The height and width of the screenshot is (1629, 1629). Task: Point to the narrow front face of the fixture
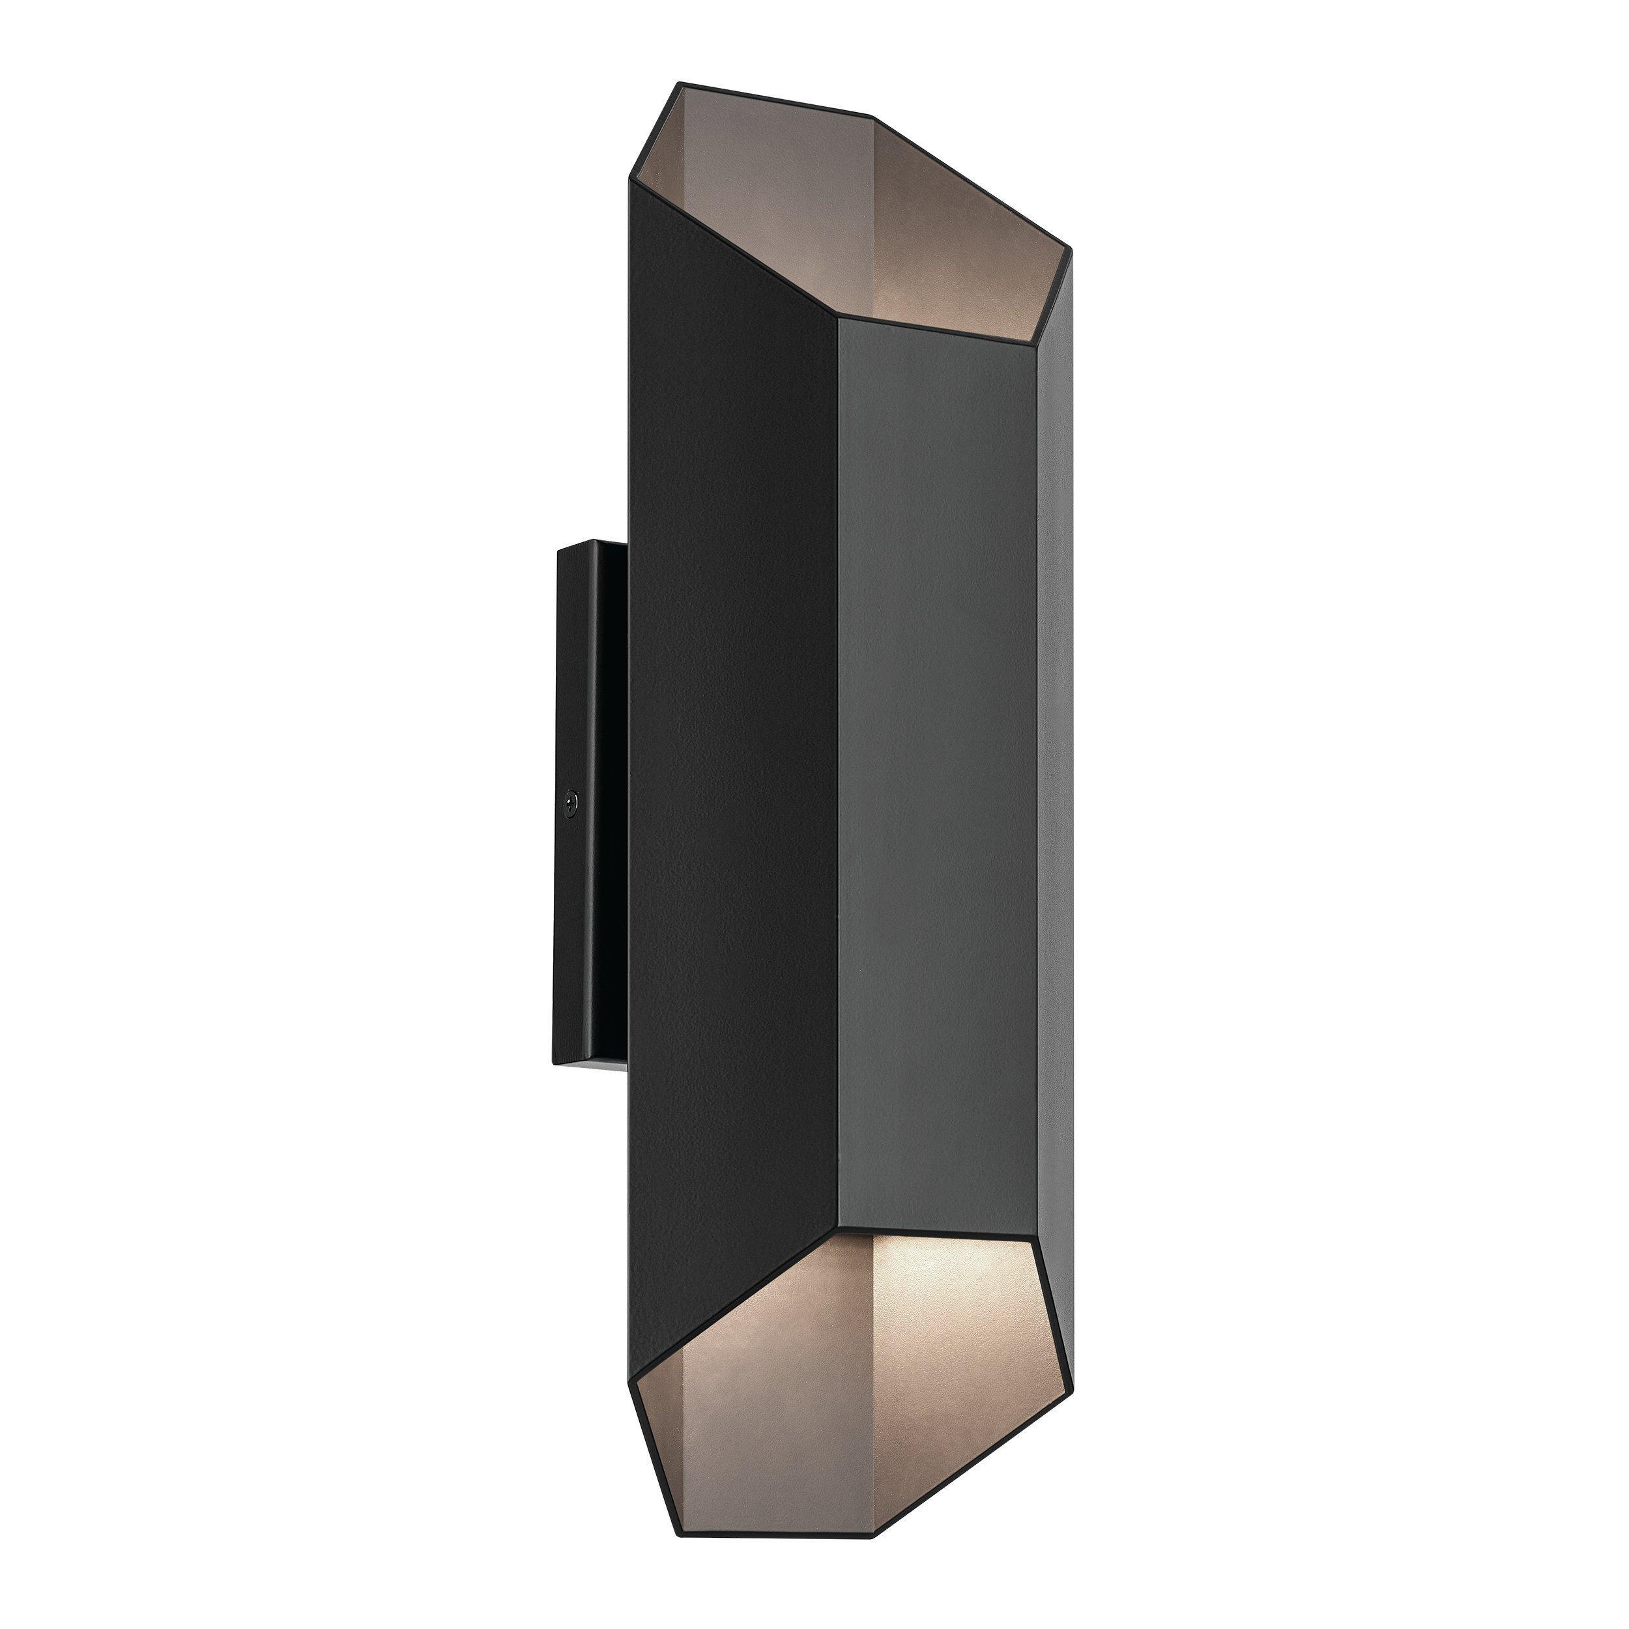[936, 759]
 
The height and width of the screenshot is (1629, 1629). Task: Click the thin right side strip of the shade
[1054, 759]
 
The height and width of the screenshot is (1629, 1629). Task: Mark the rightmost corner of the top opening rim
[1070, 250]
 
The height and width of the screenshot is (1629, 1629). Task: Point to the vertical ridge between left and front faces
[837, 759]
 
